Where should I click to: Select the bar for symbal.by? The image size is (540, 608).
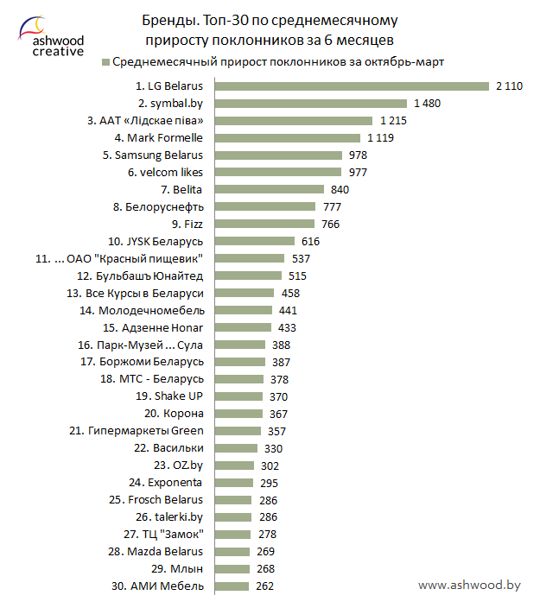click(x=311, y=104)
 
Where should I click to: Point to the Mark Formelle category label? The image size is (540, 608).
click(x=159, y=138)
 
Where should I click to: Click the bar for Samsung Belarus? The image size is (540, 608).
click(x=278, y=155)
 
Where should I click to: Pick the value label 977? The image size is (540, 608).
click(x=358, y=173)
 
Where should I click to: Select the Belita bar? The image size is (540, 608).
click(x=269, y=190)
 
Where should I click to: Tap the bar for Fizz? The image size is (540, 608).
click(x=264, y=225)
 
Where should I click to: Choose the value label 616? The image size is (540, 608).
click(x=311, y=242)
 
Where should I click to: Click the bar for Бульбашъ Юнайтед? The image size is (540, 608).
click(x=248, y=276)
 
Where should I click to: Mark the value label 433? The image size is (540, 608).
click(x=287, y=327)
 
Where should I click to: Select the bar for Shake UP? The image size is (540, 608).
click(x=238, y=396)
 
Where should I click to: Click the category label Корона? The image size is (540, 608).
click(x=183, y=414)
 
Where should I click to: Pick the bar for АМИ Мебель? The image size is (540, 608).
click(x=232, y=586)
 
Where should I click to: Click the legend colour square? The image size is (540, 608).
click(x=106, y=62)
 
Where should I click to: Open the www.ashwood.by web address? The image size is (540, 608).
click(x=468, y=586)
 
